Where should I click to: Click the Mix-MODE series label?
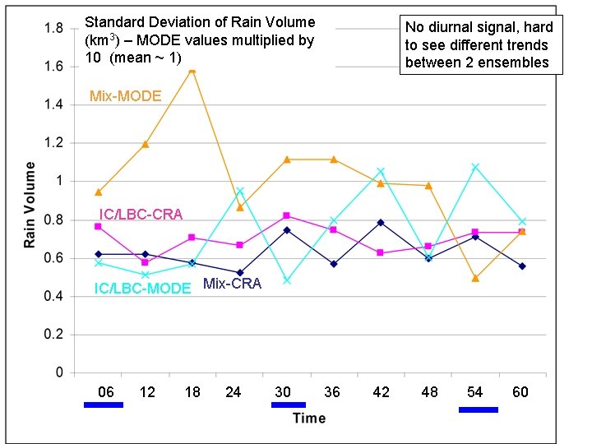pyautogui.click(x=125, y=97)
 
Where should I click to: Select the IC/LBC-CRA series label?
pyautogui.click(x=141, y=215)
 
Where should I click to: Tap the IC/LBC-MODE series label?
pyautogui.click(x=142, y=288)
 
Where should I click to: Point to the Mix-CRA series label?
pyautogui.click(x=232, y=284)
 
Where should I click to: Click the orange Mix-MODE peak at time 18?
pyautogui.click(x=192, y=71)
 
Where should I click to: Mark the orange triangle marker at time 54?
pyautogui.click(x=475, y=278)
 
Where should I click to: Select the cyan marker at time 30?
pyautogui.click(x=287, y=280)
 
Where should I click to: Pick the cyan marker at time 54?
pyautogui.click(x=475, y=167)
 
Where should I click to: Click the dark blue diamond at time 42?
pyautogui.click(x=381, y=222)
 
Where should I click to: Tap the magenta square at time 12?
pyautogui.click(x=145, y=262)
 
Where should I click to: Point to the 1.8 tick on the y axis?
pyautogui.click(x=53, y=28)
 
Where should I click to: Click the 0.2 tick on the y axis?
pyautogui.click(x=53, y=335)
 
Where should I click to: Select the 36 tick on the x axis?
pyautogui.click(x=331, y=392)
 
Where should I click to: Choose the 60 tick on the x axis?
pyautogui.click(x=520, y=392)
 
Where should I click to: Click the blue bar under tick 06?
pyautogui.click(x=104, y=405)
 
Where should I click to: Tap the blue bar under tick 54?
pyautogui.click(x=478, y=409)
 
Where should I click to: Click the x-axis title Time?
pyautogui.click(x=309, y=419)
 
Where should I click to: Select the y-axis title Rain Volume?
pyautogui.click(x=30, y=204)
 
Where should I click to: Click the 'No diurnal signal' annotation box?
pyautogui.click(x=481, y=45)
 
